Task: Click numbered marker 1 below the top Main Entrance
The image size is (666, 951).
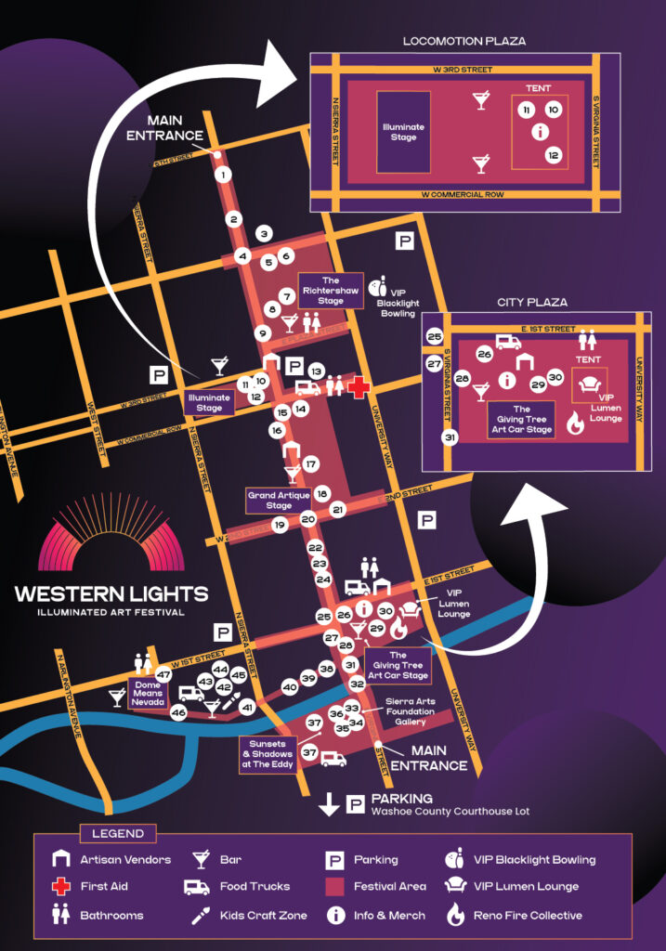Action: click(x=223, y=175)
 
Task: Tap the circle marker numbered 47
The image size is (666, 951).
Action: click(x=164, y=675)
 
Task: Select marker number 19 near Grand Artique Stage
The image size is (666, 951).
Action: click(x=279, y=526)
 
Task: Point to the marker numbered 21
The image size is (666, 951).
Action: click(x=337, y=509)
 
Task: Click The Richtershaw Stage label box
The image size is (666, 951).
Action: click(x=331, y=290)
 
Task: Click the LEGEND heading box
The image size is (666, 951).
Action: click(x=118, y=833)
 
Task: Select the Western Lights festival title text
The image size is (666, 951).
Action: click(x=111, y=593)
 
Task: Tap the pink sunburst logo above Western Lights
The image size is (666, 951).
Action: click(x=111, y=538)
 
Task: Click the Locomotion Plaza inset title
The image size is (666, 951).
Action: click(x=464, y=41)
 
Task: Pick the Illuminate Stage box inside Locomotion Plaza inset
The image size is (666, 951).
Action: click(x=403, y=132)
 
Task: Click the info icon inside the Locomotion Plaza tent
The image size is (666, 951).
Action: click(x=540, y=132)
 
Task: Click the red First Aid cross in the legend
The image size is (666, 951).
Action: click(x=61, y=887)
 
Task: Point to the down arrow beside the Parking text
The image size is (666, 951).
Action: click(x=329, y=804)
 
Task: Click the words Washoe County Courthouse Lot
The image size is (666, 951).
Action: click(x=450, y=812)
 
